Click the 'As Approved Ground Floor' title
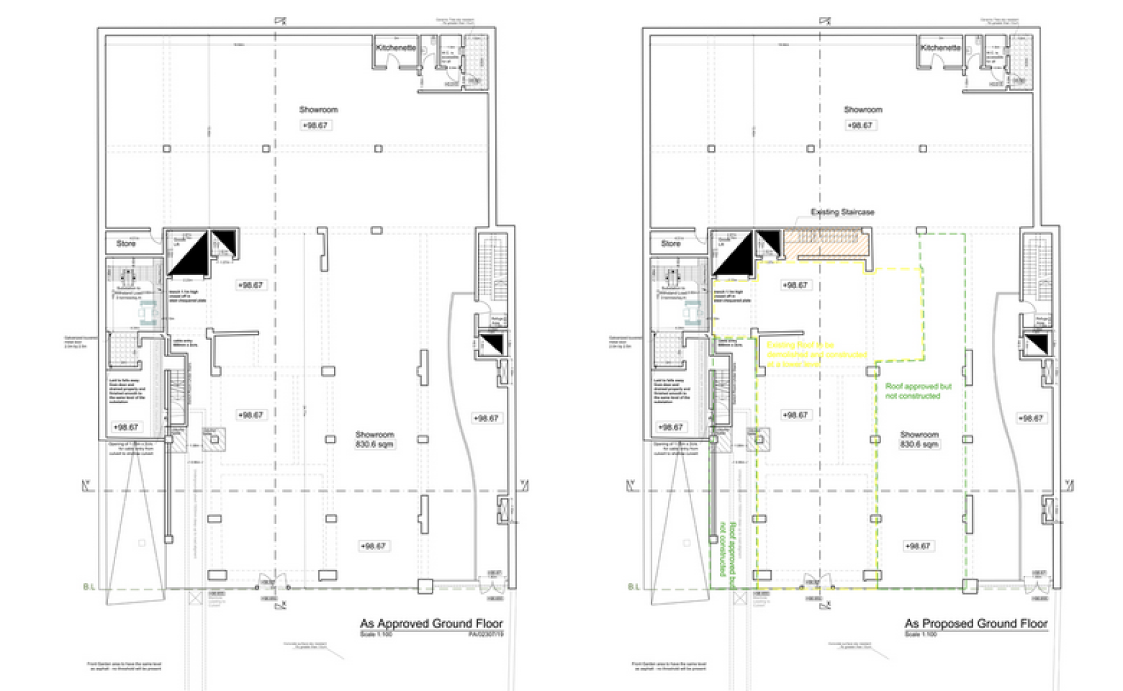point(431,623)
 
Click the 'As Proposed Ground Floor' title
point(976,623)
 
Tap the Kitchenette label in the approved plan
point(395,48)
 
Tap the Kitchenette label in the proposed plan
point(941,48)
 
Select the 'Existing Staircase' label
point(842,212)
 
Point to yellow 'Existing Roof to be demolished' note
point(816,354)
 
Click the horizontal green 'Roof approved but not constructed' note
point(918,391)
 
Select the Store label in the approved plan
point(126,244)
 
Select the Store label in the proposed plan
point(671,244)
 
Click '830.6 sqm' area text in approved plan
point(375,444)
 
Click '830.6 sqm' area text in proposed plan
point(920,444)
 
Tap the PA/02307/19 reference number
point(486,634)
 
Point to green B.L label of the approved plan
point(89,587)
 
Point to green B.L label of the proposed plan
point(633,587)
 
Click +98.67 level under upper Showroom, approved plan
point(315,125)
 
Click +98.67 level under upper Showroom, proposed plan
point(860,125)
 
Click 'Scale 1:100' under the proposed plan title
point(921,634)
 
